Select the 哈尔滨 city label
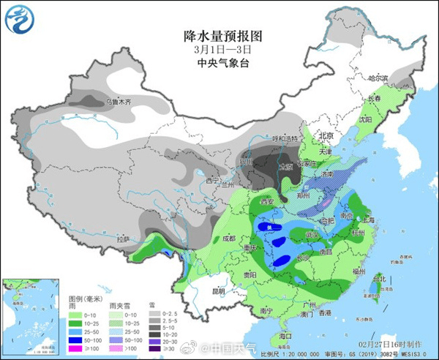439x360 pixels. point(378,78)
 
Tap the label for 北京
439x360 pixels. point(326,135)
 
